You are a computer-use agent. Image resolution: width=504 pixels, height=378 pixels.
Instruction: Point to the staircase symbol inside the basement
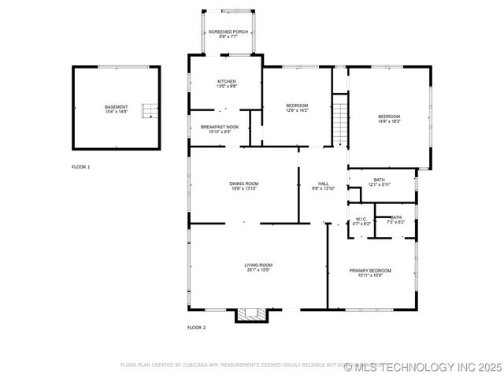pyautogui.click(x=147, y=111)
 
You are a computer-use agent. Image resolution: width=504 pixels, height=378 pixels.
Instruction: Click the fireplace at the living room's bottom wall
pyautogui.click(x=253, y=315)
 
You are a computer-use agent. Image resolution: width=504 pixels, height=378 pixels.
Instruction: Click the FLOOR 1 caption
pyautogui.click(x=81, y=167)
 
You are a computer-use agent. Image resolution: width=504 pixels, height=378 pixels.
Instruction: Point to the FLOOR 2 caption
pyautogui.click(x=196, y=327)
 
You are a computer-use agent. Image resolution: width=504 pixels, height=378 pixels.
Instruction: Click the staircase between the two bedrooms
pyautogui.click(x=339, y=119)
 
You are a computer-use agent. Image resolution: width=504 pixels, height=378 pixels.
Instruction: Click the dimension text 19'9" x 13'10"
pyautogui.click(x=244, y=188)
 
